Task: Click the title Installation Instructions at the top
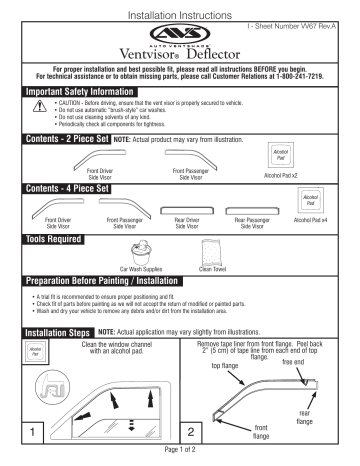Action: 180,8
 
